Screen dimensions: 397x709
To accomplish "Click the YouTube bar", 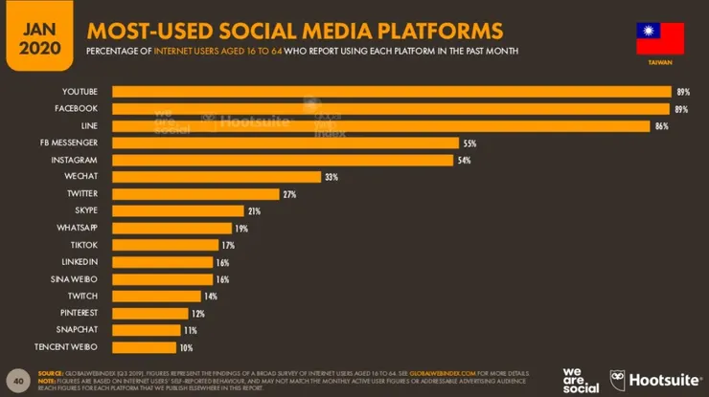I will click(391, 92).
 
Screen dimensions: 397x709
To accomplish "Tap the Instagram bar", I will click(283, 160).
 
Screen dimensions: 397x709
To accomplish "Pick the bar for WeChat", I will click(217, 177).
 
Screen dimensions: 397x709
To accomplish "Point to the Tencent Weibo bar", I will click(145, 347).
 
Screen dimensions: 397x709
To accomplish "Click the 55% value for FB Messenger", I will click(469, 143).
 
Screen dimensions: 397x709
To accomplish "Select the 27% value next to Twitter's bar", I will click(289, 194).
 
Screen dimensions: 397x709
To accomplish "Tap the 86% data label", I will click(661, 126).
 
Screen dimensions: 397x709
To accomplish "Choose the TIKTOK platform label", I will click(84, 245).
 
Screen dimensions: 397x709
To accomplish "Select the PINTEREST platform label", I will click(80, 313).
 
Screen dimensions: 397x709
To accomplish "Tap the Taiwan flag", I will click(660, 38).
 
